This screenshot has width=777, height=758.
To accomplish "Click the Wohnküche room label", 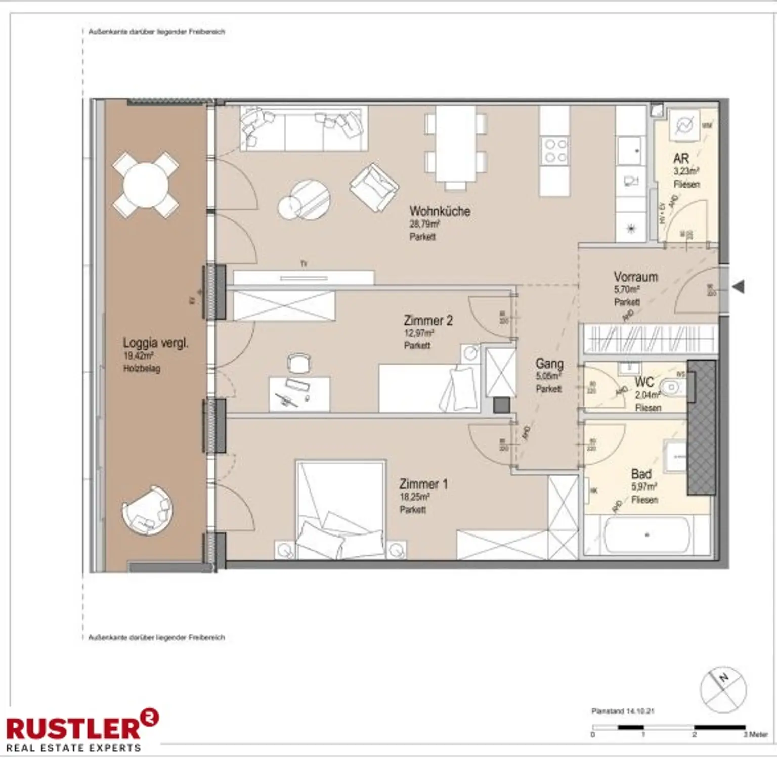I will click(x=440, y=211).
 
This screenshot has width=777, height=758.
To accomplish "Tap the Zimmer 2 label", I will click(x=428, y=320).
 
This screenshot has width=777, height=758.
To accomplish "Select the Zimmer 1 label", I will click(x=423, y=484).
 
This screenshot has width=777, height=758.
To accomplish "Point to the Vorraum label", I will click(x=635, y=277).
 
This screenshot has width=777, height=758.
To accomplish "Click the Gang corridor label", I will click(x=549, y=364).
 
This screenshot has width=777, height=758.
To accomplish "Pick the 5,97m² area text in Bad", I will click(x=644, y=487).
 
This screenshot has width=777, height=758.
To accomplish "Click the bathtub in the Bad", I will click(x=646, y=535).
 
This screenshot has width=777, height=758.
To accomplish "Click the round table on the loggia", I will click(x=145, y=185).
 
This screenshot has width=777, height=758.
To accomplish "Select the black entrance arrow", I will click(x=739, y=287).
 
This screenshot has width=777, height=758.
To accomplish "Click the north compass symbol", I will click(x=723, y=689).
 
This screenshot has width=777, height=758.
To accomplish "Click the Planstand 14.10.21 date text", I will click(x=622, y=711).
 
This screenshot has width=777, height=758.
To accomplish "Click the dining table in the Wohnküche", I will click(x=455, y=144).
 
